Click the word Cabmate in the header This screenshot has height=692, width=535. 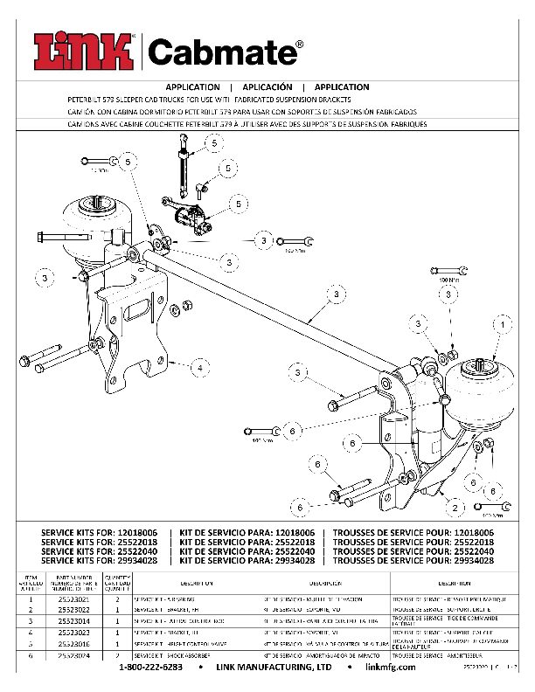click(x=226, y=53)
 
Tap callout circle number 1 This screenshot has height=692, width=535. click(x=503, y=324)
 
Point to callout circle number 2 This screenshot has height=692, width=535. click(x=455, y=505)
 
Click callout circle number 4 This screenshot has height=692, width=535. click(x=200, y=368)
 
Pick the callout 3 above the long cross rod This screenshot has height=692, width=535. click(x=336, y=295)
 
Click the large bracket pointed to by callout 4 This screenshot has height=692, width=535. click(x=131, y=332)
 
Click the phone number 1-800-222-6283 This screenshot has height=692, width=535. click(x=150, y=667)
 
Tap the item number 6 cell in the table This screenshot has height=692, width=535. click(x=30, y=654)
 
